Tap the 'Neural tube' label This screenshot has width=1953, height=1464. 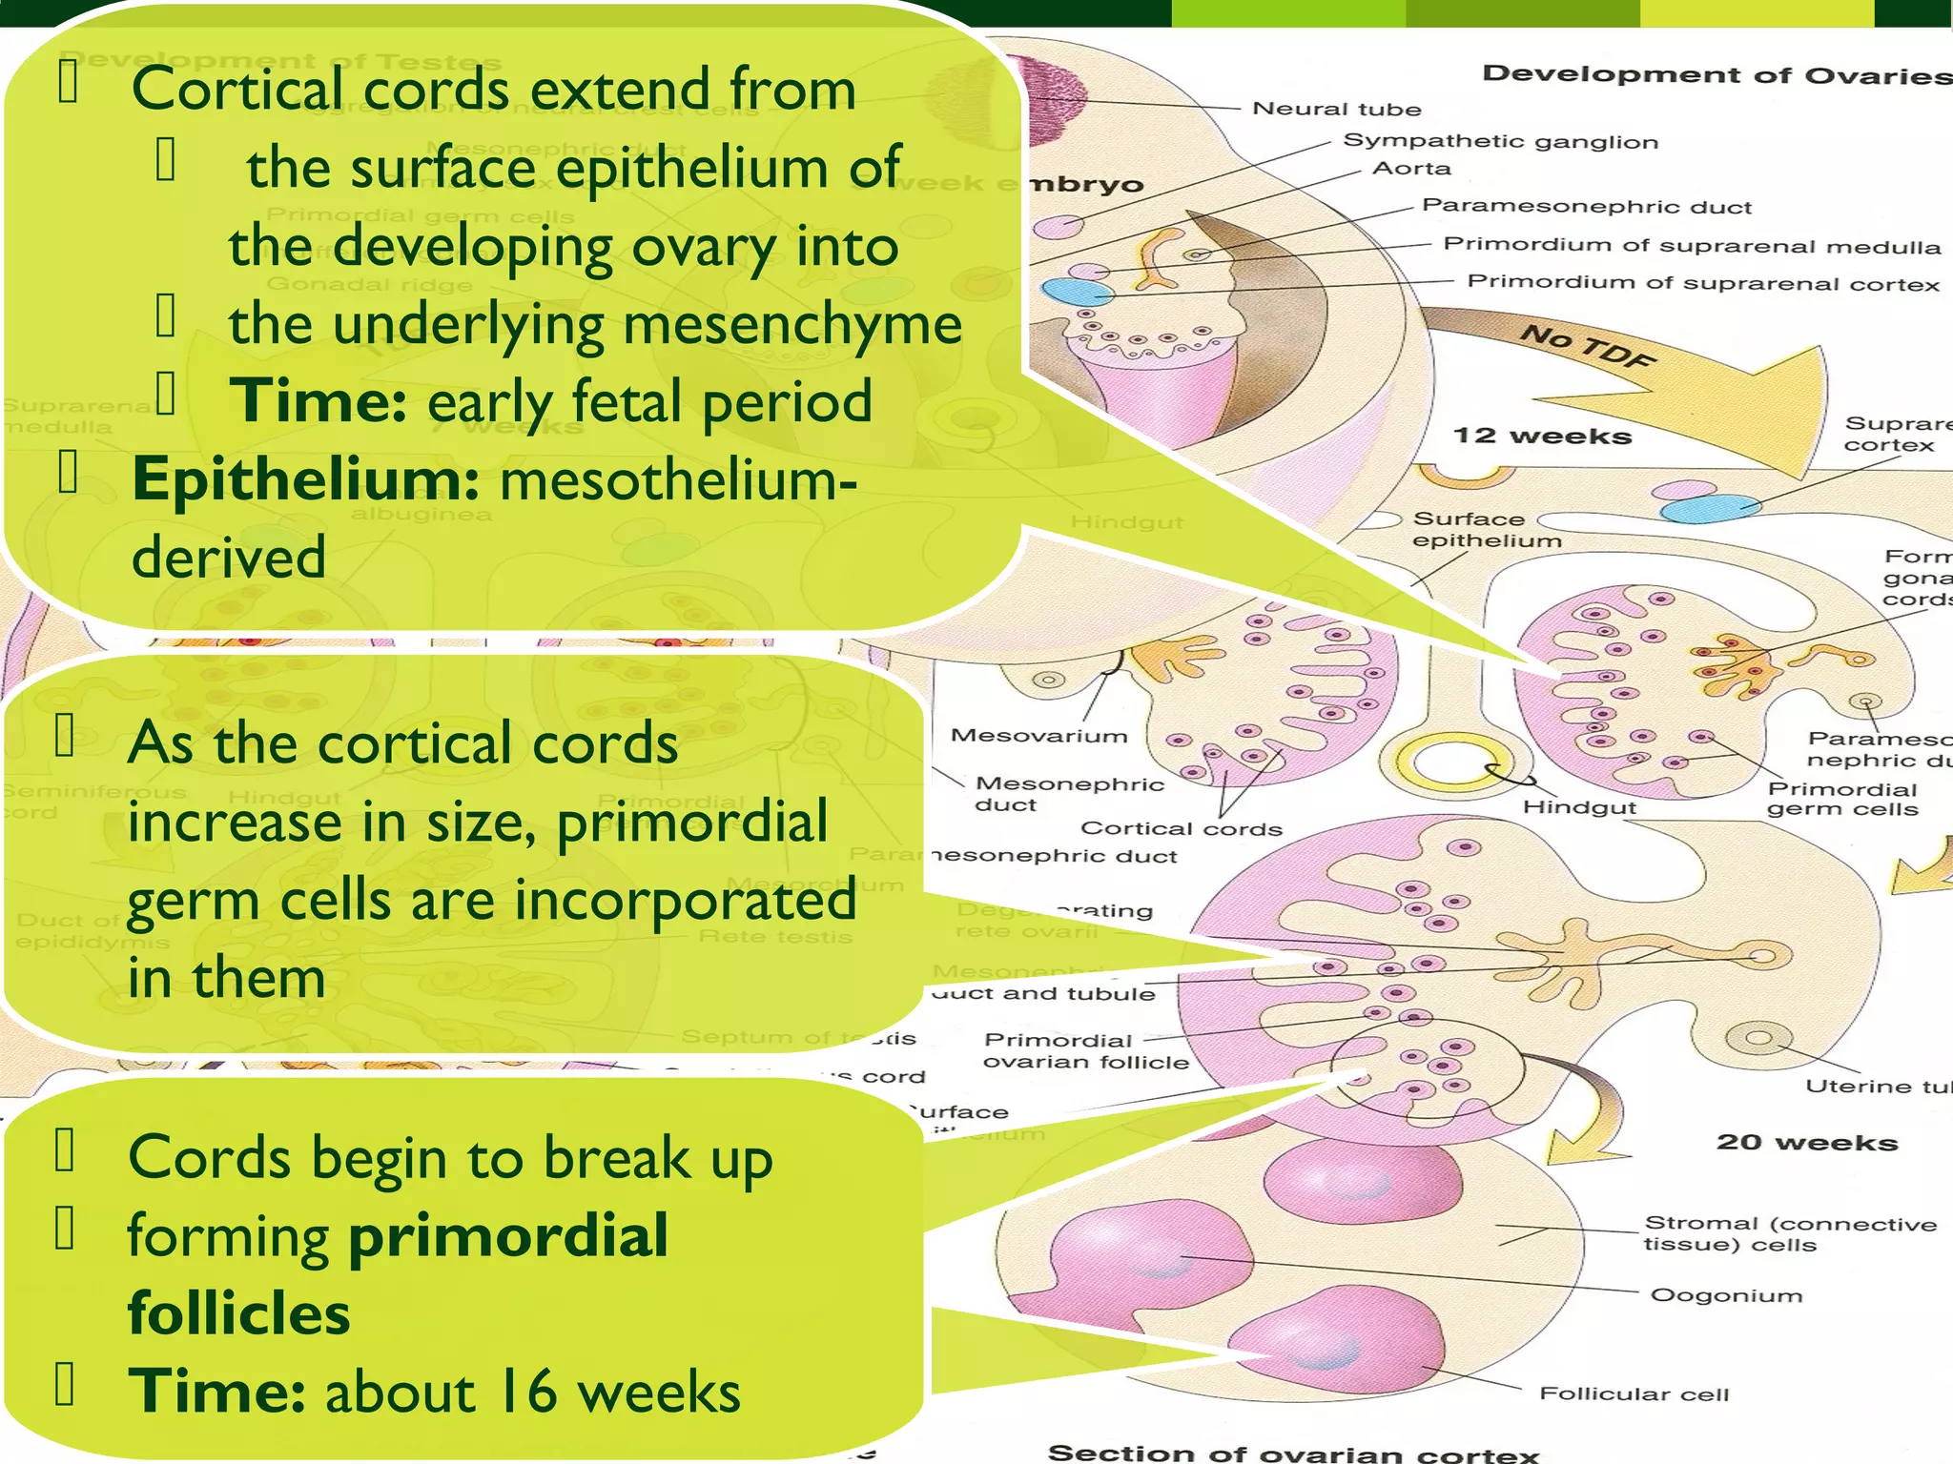click(1336, 109)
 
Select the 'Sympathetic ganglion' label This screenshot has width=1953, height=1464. click(1500, 142)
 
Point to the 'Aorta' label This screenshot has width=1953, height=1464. click(1411, 169)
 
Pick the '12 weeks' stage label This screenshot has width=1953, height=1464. click(1542, 436)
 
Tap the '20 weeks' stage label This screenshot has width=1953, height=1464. click(1806, 1142)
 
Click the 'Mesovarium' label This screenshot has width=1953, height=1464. click(1038, 736)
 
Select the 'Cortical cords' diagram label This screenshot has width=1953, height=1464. click(1181, 828)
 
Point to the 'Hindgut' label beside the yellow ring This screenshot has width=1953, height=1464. click(1578, 807)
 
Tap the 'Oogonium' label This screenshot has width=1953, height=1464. click(1726, 1295)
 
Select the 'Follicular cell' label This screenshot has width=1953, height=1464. click(1634, 1393)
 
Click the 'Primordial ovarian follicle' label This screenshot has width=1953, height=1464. click(1085, 1050)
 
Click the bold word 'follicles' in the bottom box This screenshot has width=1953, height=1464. click(238, 1313)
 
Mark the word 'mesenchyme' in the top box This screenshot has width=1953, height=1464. click(786, 324)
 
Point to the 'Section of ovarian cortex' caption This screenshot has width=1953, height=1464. click(1292, 1453)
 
